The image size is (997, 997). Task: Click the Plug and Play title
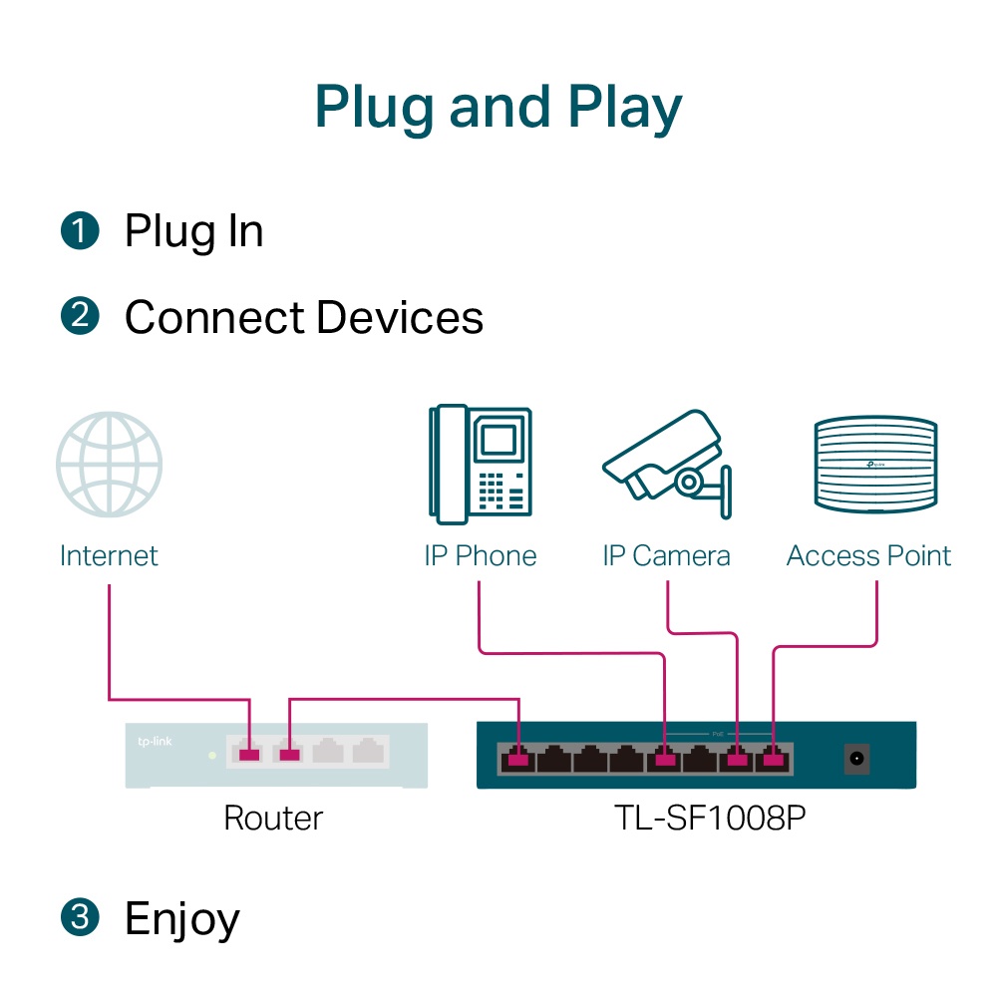tap(498, 107)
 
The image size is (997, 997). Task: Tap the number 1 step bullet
tap(80, 230)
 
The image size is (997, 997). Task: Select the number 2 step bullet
tap(80, 317)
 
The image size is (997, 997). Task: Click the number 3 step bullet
tap(80, 917)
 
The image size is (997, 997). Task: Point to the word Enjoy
tap(181, 919)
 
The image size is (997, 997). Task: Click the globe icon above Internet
tap(109, 465)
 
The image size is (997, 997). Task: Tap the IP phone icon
tap(480, 464)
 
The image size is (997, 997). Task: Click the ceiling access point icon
tap(874, 465)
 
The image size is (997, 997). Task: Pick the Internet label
tap(109, 555)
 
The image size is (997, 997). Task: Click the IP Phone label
tap(480, 555)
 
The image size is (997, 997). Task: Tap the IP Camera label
tap(666, 555)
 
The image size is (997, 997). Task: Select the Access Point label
tap(868, 555)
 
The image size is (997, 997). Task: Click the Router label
tap(273, 819)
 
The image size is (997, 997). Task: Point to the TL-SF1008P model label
tap(695, 819)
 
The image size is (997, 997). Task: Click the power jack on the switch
tap(855, 759)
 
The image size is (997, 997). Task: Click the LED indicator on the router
tap(211, 755)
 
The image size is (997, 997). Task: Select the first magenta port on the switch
tap(516, 760)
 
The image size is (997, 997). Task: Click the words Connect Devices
tap(303, 318)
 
